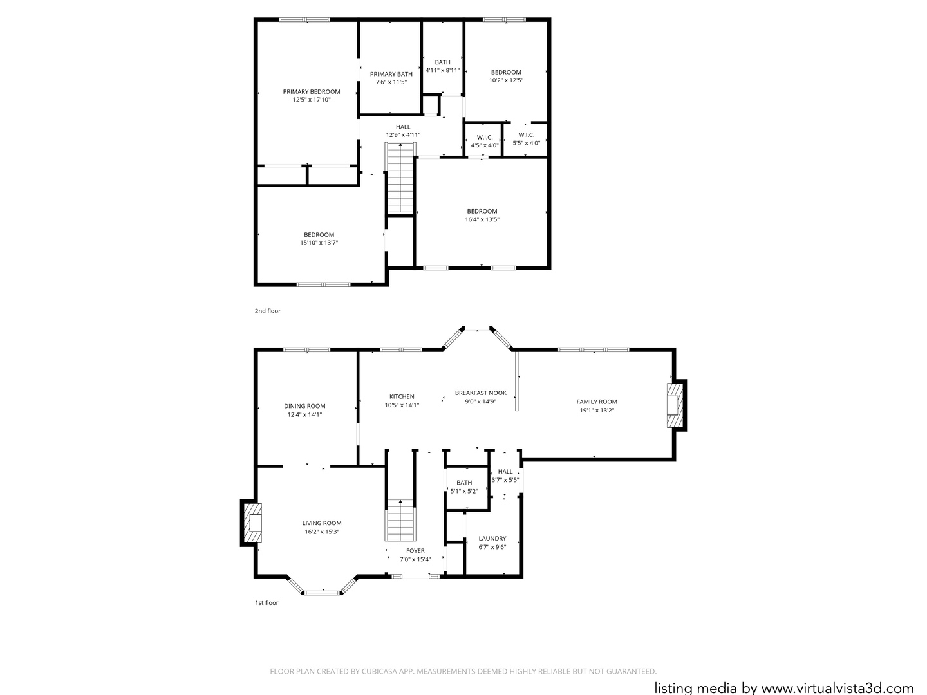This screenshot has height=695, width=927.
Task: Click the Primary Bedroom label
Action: tap(312, 92)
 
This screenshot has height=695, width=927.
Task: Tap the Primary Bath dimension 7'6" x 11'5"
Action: tap(391, 82)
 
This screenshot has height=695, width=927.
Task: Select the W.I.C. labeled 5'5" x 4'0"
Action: tap(526, 139)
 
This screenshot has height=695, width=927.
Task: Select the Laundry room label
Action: tap(492, 539)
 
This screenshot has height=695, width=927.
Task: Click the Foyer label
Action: tap(415, 551)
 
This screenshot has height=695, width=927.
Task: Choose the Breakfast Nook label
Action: tap(480, 393)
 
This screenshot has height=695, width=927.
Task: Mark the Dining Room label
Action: tap(304, 406)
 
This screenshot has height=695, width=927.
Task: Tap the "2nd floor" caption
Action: tap(267, 311)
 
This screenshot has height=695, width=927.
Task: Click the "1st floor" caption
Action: tap(267, 603)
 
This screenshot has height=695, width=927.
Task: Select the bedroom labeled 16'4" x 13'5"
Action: tap(482, 216)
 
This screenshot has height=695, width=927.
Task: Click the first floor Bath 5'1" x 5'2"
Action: tap(464, 486)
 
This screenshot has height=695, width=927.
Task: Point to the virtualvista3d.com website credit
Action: tap(783, 687)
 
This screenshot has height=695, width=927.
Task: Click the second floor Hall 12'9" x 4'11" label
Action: tap(403, 131)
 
